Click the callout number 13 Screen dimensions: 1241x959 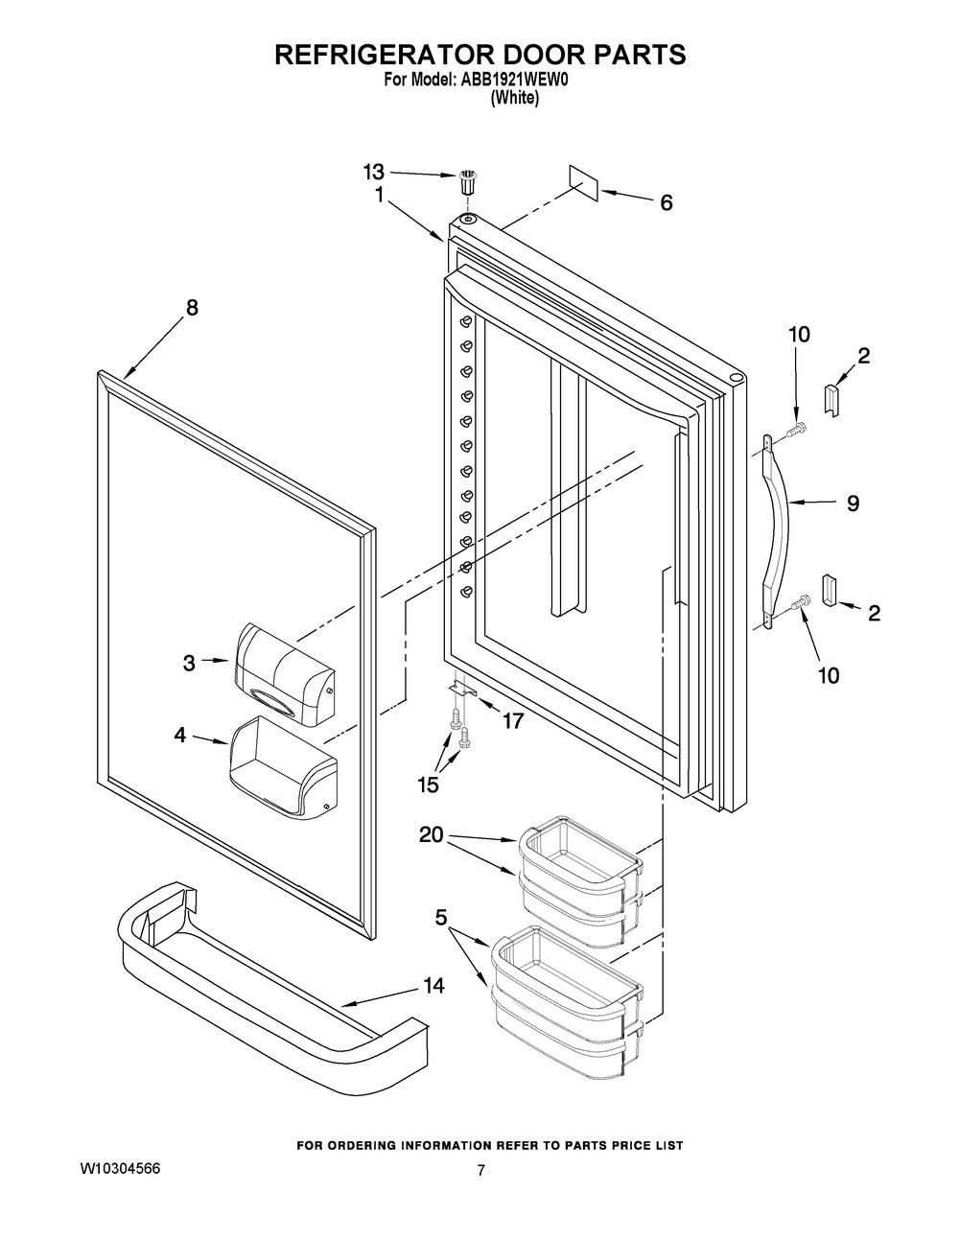coord(373,173)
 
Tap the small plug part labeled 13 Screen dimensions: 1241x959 coord(468,181)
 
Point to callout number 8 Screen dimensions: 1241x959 coord(192,308)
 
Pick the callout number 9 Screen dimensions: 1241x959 coord(853,503)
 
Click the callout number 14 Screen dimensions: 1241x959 coord(433,986)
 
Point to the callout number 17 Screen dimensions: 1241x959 coord(513,721)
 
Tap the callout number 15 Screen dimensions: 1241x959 coord(428,784)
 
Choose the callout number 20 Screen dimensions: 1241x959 coord(432,835)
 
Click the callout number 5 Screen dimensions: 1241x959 coord(441,918)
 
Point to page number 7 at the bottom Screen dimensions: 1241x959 coord(481,1171)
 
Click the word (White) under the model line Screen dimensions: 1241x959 coord(515,98)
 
